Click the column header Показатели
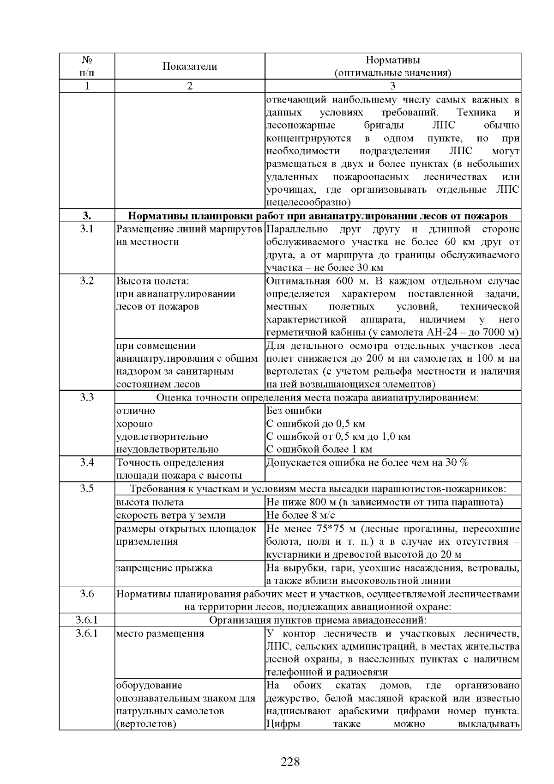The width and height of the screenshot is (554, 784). [x=189, y=66]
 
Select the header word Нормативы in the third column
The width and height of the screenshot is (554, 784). [x=392, y=60]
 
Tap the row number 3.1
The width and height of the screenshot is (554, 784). [x=87, y=229]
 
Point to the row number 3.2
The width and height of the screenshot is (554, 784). [x=87, y=281]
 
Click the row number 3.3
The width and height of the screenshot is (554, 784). [x=87, y=397]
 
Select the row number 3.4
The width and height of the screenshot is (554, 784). [x=87, y=462]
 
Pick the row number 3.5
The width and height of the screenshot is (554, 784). [x=87, y=488]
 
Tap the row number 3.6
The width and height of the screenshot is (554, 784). [x=87, y=594]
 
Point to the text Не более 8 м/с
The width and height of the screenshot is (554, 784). [x=301, y=515]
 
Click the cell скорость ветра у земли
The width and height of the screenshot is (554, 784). [x=171, y=515]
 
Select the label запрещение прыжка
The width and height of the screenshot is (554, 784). [x=164, y=568]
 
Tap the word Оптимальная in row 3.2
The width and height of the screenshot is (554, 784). [x=298, y=281]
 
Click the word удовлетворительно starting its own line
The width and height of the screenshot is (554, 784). [x=162, y=437]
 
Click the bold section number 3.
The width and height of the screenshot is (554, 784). [x=87, y=216]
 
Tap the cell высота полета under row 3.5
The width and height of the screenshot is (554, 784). [x=150, y=502]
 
